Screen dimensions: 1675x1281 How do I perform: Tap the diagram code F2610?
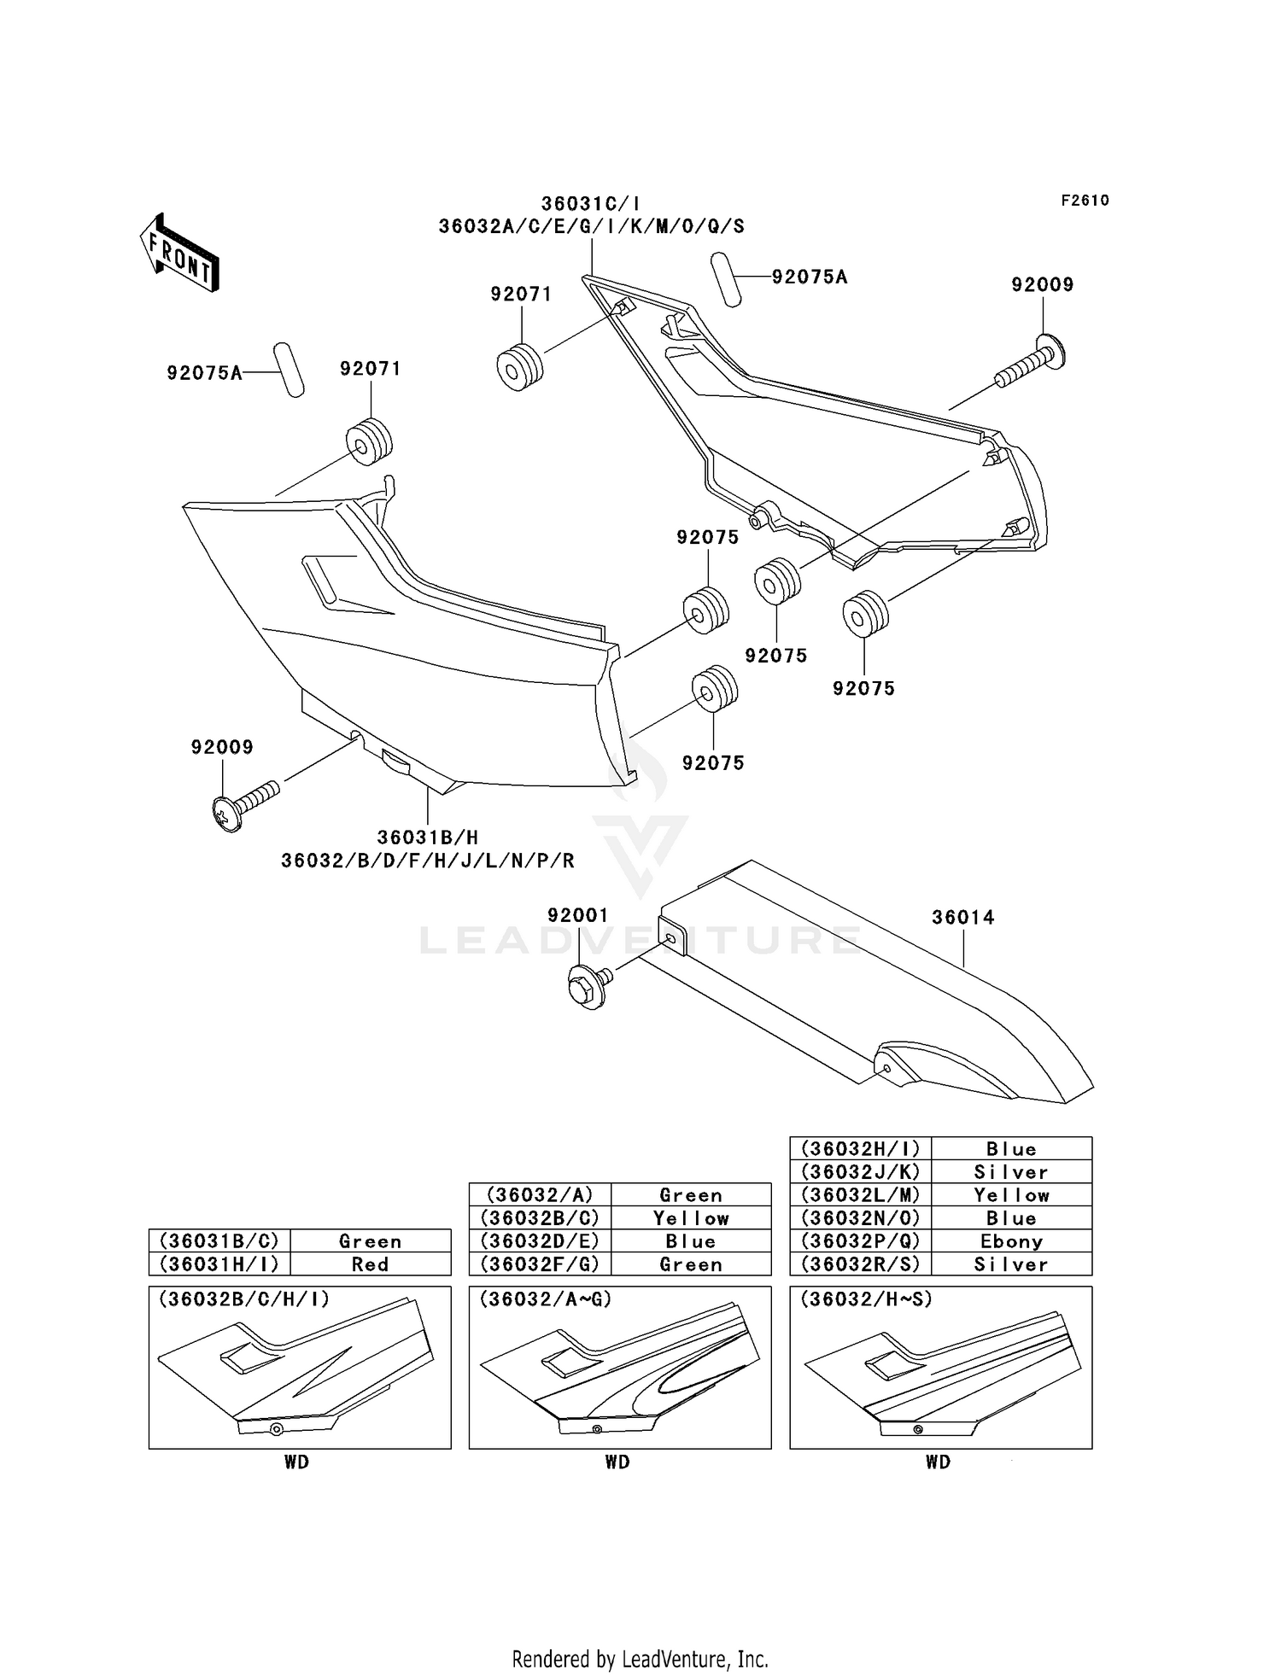click(x=1085, y=201)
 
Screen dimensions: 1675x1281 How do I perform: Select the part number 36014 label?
click(x=962, y=918)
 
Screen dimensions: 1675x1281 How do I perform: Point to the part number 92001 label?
click(x=578, y=915)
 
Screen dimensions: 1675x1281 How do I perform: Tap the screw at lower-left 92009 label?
click(x=245, y=804)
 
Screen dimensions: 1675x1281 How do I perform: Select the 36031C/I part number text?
click(x=590, y=204)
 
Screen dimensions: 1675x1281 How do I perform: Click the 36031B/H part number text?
click(x=427, y=837)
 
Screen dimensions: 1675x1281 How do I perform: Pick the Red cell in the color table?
click(x=370, y=1264)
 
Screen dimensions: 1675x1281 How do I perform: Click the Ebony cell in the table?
click(x=1011, y=1241)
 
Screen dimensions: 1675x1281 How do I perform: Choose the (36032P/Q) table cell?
click(x=860, y=1241)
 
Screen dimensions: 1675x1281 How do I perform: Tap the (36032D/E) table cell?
click(x=540, y=1241)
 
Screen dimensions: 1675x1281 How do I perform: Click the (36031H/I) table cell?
click(x=219, y=1264)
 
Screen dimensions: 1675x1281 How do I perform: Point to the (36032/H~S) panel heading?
click(x=866, y=1299)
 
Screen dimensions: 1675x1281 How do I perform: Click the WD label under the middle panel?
click(x=617, y=1462)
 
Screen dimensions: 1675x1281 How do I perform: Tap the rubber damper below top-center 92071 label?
click(x=519, y=366)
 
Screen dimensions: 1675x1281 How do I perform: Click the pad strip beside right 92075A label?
click(x=726, y=278)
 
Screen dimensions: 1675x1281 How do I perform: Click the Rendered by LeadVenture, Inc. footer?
click(x=640, y=1659)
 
